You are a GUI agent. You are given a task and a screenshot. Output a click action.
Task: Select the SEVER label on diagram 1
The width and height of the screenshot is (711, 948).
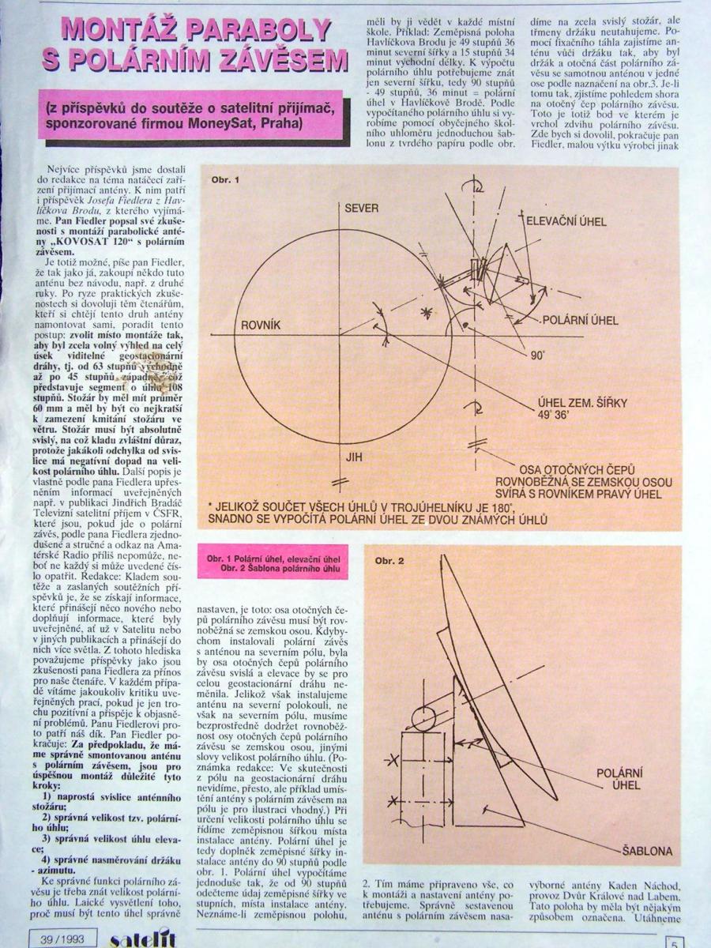[x=362, y=209]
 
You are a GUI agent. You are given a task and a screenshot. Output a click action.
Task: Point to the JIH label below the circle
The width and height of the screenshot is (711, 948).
[x=353, y=457]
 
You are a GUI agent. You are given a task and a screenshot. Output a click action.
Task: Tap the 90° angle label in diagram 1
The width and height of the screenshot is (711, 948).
[x=538, y=356]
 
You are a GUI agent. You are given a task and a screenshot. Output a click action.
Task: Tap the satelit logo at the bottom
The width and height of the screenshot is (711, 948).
[x=142, y=939]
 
